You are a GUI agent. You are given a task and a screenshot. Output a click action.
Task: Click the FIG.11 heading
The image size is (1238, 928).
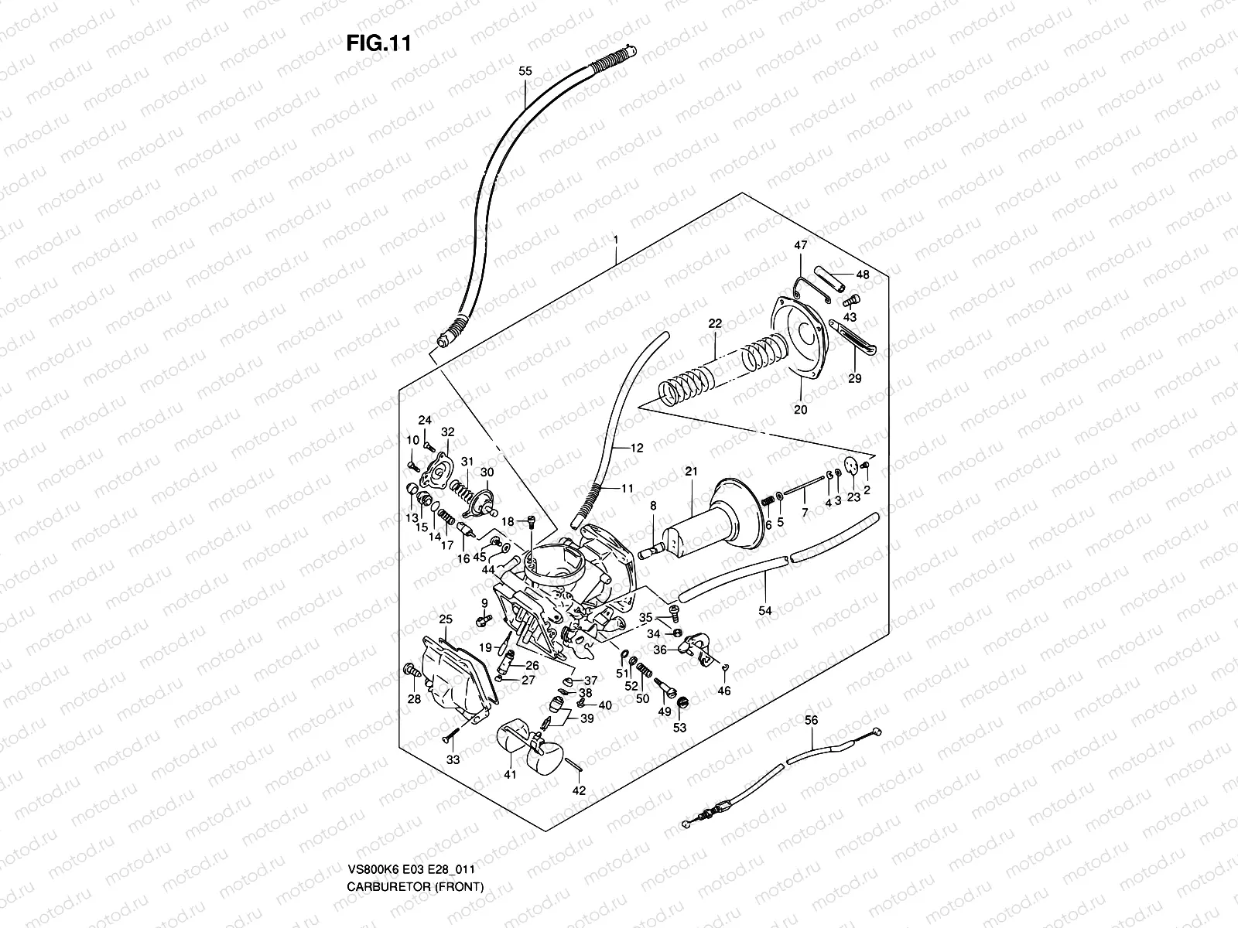(378, 44)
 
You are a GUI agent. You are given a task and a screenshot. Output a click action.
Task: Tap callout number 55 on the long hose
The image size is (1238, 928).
(525, 71)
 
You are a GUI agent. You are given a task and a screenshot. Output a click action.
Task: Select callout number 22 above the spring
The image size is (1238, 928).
(714, 324)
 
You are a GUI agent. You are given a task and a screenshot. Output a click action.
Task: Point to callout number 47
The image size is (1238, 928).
(800, 246)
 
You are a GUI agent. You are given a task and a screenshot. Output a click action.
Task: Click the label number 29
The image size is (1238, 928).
(854, 378)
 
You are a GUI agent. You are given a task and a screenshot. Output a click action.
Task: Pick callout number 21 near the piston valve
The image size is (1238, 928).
(691, 472)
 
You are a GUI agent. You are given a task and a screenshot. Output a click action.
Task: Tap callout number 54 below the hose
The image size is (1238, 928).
(764, 611)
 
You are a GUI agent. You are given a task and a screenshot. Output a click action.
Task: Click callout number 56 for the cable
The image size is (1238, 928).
(811, 720)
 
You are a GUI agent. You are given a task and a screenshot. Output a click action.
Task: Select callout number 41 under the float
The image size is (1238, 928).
(509, 774)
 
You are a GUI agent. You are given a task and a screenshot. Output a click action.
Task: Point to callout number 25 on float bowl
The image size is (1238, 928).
(446, 619)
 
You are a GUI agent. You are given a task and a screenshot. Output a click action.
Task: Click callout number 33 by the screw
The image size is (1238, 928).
(453, 759)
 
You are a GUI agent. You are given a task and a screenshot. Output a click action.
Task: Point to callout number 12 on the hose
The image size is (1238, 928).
(637, 448)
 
